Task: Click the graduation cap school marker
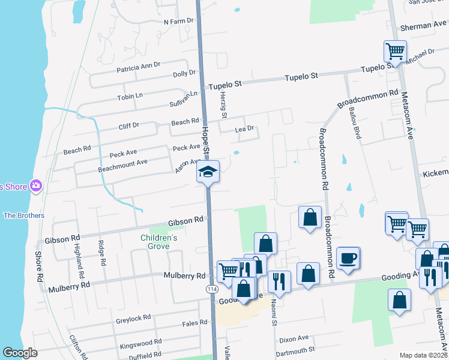coord(208,172)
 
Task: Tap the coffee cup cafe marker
coord(348,259)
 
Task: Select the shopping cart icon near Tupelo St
coord(396,52)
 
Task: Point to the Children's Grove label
coord(159,241)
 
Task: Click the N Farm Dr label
coord(181,21)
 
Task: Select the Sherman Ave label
coord(424,26)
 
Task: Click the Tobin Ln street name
coord(130,96)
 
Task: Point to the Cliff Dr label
coord(128,125)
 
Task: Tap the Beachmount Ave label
coord(122,163)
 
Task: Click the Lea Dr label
coord(245,128)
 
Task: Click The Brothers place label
coord(24,215)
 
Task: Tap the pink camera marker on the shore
coord(36,186)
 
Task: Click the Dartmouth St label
coord(297,350)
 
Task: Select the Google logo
coord(20,352)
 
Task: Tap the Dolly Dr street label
coord(184,74)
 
